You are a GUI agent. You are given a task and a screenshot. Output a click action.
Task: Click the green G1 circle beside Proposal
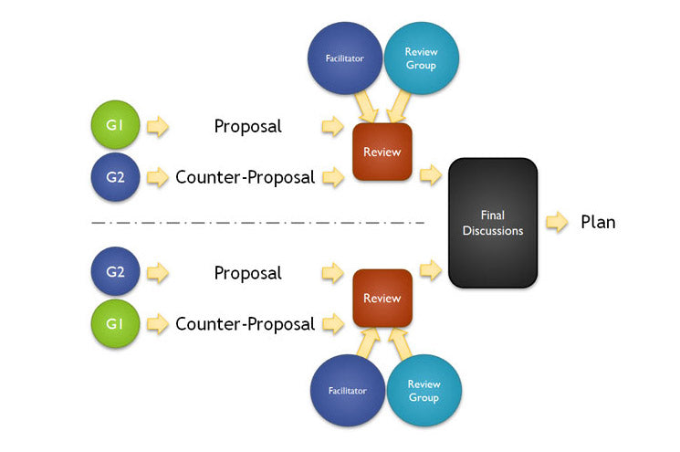[115, 125]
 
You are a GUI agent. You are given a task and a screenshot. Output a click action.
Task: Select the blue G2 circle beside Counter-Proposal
[115, 176]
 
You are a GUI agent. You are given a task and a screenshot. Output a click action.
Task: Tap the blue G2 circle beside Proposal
[115, 272]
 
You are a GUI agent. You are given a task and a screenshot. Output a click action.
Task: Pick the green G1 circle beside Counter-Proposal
[115, 323]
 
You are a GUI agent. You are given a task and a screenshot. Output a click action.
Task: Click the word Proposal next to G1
[247, 126]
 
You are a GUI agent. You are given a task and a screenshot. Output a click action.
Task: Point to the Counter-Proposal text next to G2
[245, 176]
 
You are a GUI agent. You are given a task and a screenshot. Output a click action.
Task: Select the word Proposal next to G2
[247, 273]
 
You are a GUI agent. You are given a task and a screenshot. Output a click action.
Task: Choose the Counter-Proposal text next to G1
[245, 323]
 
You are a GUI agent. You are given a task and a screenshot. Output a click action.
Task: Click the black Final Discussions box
[493, 223]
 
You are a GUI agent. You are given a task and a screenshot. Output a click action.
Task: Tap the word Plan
[598, 222]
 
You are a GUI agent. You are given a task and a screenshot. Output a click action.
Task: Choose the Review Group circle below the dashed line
[424, 390]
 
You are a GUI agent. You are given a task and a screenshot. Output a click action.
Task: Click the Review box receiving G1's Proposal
[382, 152]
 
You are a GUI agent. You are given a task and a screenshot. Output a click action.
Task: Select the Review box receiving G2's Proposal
[382, 299]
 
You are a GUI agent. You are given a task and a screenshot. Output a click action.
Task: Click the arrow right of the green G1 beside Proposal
[158, 126]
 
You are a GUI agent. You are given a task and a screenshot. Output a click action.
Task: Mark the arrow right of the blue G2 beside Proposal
[158, 273]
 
